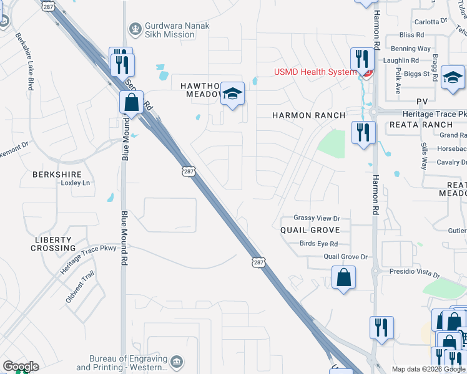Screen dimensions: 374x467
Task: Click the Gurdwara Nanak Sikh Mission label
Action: pos(169,30)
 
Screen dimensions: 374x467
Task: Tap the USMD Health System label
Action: pos(315,72)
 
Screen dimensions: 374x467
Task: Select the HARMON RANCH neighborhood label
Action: pos(308,115)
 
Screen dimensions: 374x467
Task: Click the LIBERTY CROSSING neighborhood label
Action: pos(55,244)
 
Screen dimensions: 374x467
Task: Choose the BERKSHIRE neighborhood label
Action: pos(58,175)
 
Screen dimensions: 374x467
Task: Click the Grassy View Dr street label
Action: pos(317,218)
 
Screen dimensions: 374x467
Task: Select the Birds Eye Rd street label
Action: pos(318,244)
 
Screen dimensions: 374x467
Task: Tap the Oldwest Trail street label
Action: pos(80,287)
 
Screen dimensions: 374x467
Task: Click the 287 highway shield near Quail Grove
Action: pos(258,262)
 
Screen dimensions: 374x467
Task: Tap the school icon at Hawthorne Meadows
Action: pos(232,94)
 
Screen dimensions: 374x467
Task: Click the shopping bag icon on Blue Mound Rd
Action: pos(131,102)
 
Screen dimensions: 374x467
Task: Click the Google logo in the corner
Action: pos(21,367)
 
